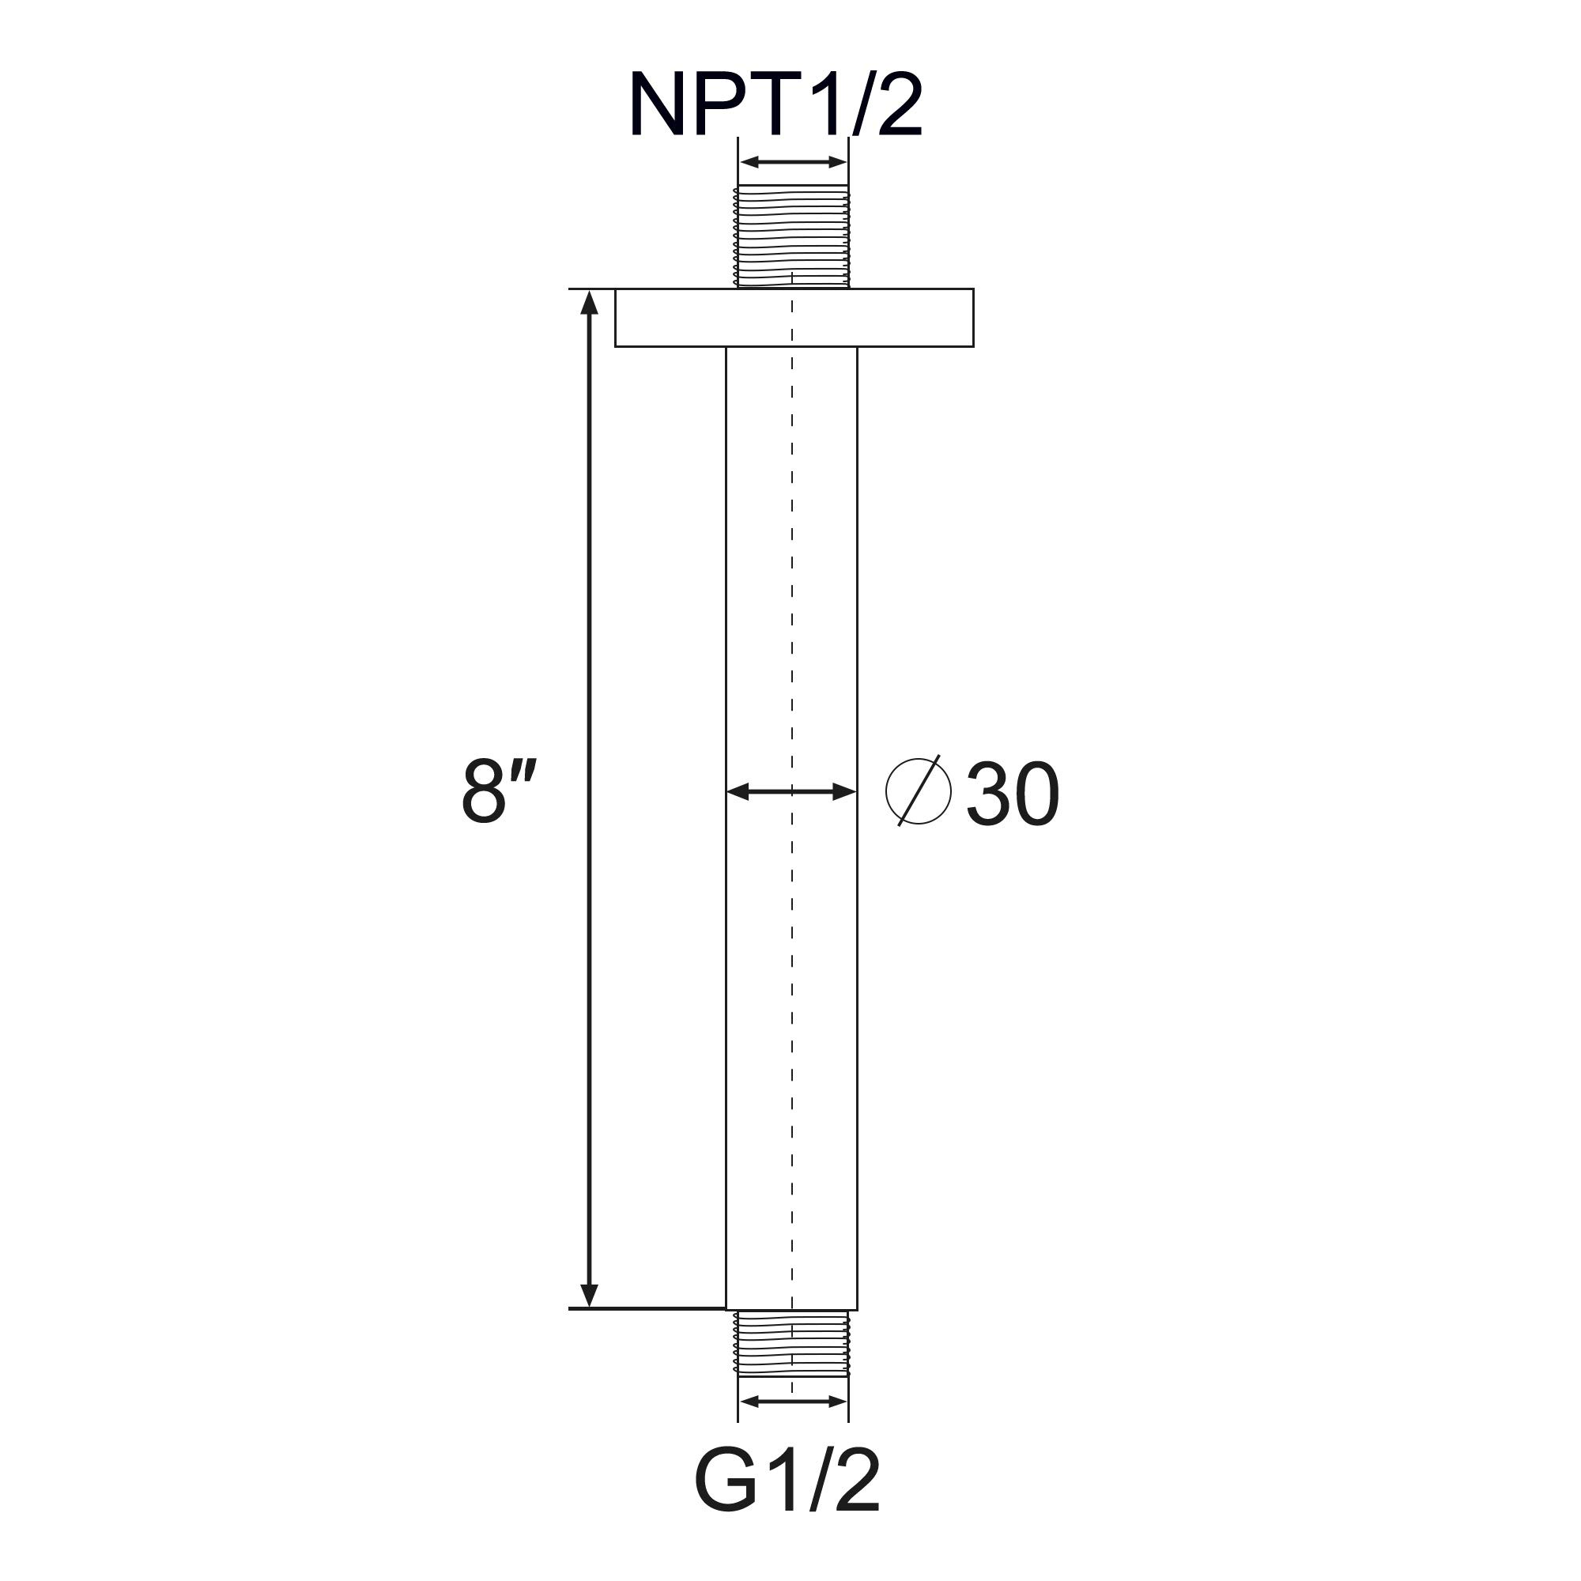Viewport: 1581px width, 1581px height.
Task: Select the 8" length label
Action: coord(498,791)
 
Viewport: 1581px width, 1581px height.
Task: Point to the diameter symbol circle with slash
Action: coord(918,791)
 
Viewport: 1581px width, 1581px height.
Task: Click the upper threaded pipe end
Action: coord(792,236)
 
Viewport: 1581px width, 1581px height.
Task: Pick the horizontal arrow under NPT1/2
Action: coord(792,162)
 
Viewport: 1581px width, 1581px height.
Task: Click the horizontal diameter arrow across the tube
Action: coord(791,791)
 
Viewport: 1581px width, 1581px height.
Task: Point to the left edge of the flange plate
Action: coord(615,318)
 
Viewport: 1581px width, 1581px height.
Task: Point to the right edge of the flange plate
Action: coord(973,318)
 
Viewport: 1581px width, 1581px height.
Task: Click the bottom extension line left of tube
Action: coord(647,1308)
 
